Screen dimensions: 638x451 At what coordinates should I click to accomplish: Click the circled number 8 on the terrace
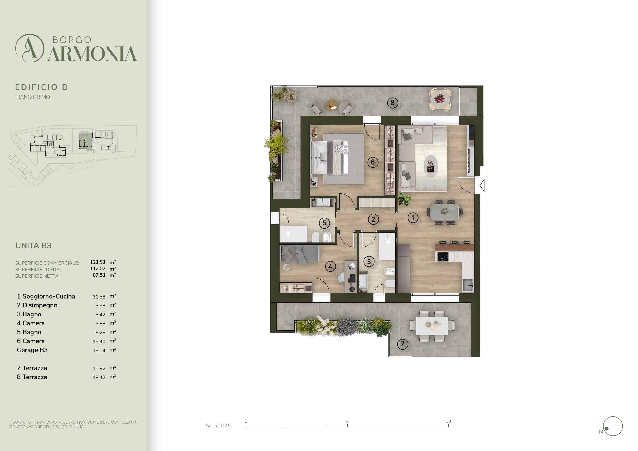(x=392, y=103)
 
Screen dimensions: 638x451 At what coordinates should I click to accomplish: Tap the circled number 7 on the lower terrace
(x=402, y=344)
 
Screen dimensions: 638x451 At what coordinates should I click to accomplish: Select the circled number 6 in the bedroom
(x=373, y=162)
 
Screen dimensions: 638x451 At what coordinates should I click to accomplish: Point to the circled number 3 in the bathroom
(x=369, y=262)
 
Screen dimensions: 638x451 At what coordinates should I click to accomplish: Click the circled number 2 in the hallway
(x=373, y=219)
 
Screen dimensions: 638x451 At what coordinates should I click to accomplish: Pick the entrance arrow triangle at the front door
(x=482, y=185)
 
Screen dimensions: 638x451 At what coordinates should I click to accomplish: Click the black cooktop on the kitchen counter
(x=442, y=256)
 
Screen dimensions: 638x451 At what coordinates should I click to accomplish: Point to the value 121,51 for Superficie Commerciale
(x=98, y=262)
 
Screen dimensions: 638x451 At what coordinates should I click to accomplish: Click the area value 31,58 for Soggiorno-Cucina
(x=99, y=297)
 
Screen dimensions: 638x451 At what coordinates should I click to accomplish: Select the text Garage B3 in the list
(x=32, y=350)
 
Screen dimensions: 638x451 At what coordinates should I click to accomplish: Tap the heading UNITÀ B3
(x=33, y=246)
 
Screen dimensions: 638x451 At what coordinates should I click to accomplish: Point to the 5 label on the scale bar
(x=347, y=421)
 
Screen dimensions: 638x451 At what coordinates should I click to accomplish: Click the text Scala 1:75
(x=218, y=426)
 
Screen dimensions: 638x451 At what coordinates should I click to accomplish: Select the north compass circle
(x=613, y=426)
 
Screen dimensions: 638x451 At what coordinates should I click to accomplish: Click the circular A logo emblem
(x=30, y=48)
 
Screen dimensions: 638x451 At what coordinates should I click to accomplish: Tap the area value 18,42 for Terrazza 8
(x=99, y=377)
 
